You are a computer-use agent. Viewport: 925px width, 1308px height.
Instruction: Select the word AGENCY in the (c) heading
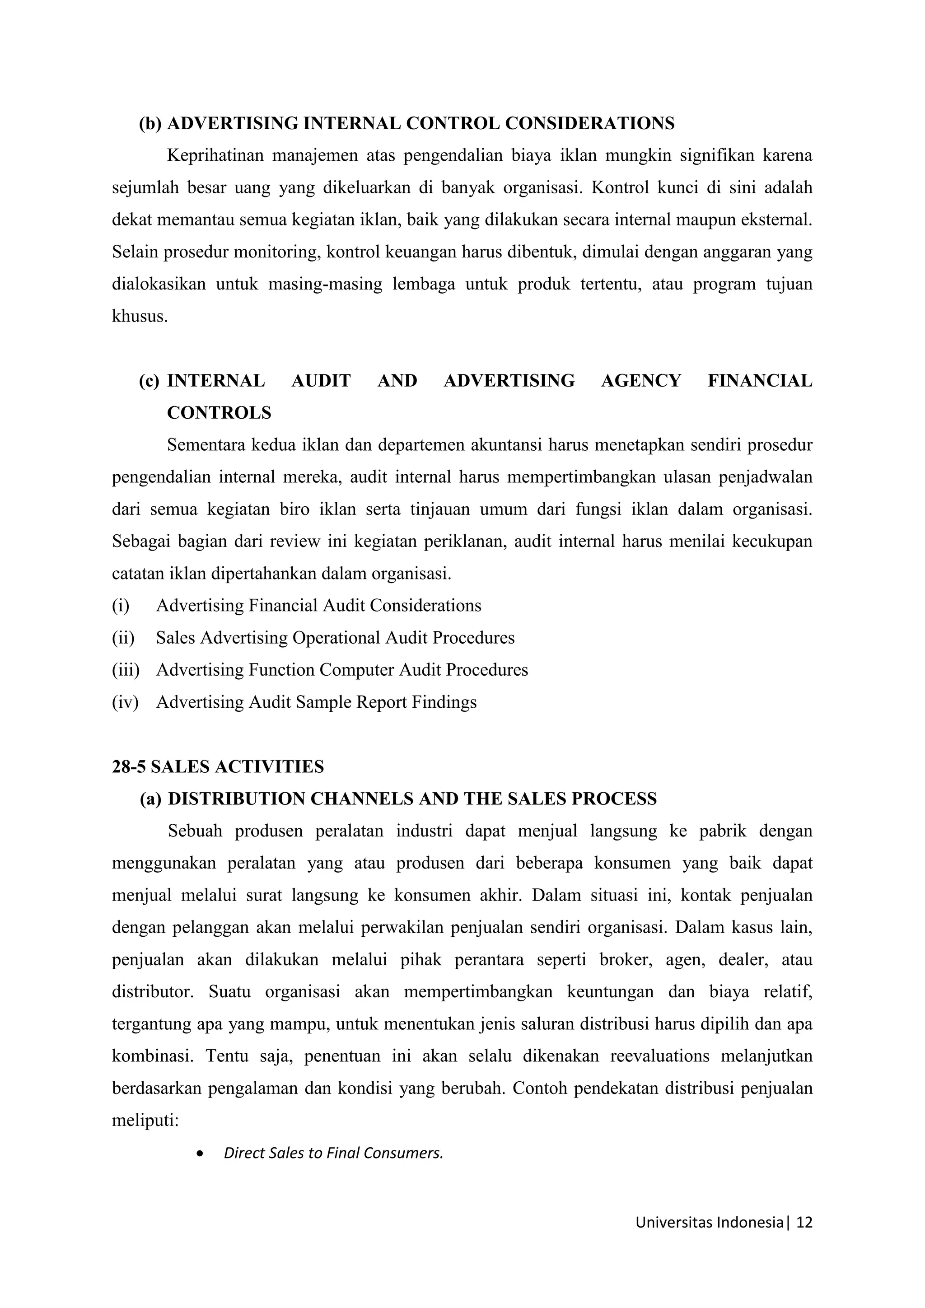[x=641, y=381]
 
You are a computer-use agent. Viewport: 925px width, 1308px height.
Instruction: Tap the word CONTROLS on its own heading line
[x=220, y=412]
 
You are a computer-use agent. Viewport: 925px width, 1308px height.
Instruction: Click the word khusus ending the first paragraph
[x=140, y=316]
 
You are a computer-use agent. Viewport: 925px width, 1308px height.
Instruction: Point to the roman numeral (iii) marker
[x=125, y=669]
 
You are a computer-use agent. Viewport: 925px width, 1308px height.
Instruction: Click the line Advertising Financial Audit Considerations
[x=318, y=605]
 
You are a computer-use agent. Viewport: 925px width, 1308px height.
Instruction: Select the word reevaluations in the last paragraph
[x=659, y=1056]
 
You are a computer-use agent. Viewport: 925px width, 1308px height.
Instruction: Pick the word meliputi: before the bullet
[x=145, y=1121]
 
